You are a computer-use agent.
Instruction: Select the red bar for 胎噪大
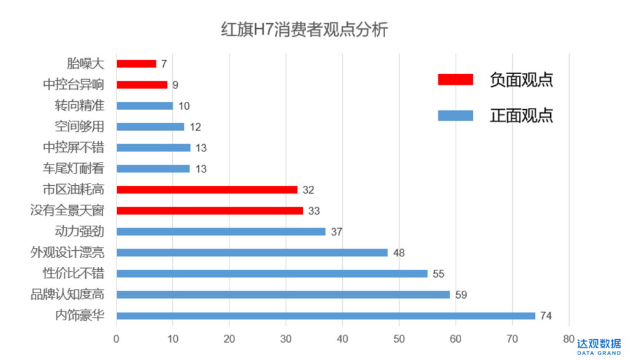136,64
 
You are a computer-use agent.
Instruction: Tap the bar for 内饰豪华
326,316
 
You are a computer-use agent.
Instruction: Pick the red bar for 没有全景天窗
210,211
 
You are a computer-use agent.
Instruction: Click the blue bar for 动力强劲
221,232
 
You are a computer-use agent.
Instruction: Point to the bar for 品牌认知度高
283,295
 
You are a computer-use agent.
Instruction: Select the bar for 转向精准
145,106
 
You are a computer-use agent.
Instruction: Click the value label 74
546,316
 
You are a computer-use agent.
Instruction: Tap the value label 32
308,190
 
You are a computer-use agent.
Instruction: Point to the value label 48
399,253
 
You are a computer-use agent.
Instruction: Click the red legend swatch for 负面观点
455,80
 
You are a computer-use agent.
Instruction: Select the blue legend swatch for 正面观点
455,115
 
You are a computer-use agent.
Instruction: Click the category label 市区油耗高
74,190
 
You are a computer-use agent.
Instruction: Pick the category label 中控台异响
74,85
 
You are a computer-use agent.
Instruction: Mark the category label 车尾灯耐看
74,169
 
